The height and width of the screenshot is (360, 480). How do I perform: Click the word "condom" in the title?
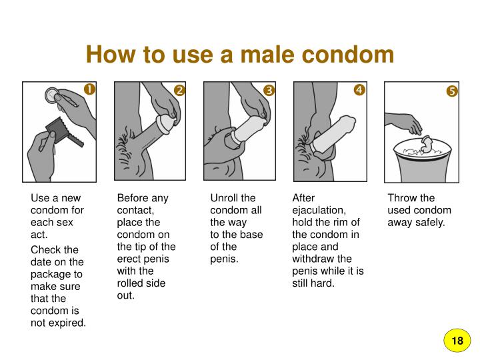click(348, 54)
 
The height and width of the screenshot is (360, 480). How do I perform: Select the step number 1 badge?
click(89, 89)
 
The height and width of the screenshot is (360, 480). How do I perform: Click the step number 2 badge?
click(180, 90)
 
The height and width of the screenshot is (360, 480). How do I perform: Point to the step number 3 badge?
click(269, 90)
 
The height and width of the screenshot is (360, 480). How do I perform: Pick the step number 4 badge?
click(359, 90)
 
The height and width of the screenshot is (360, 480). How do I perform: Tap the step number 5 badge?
click(452, 91)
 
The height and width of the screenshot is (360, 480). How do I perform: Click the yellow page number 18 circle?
click(457, 341)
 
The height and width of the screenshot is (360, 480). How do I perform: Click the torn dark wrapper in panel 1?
click(63, 131)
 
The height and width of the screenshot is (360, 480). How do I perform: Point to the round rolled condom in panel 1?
click(52, 95)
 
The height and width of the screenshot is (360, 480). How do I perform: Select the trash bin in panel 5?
click(422, 161)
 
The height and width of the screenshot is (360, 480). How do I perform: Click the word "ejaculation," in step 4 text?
click(319, 210)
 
